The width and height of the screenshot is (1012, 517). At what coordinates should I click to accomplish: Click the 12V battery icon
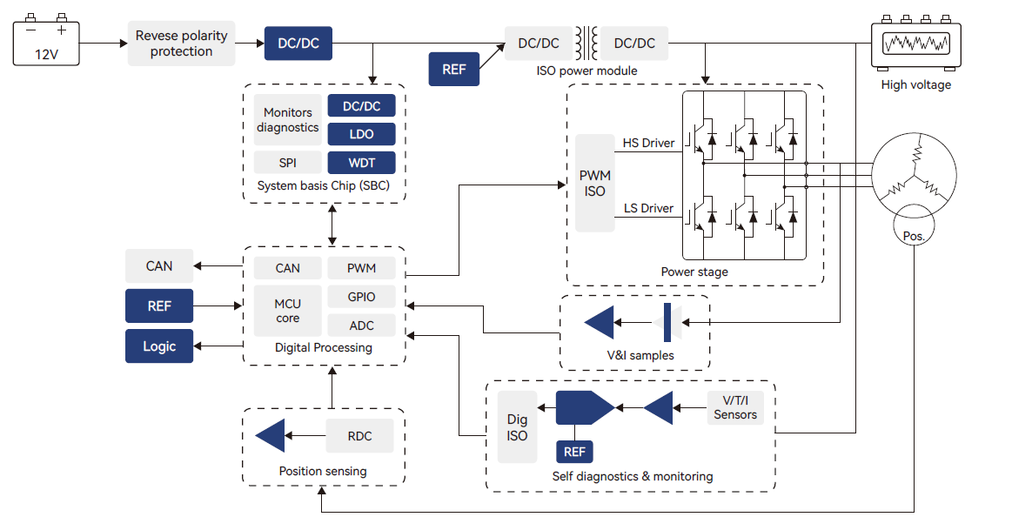[x=45, y=41]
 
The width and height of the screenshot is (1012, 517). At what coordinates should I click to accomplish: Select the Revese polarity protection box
[x=181, y=44]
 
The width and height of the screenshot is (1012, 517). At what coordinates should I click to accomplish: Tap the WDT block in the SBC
[x=361, y=163]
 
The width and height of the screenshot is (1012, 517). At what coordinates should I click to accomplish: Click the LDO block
[x=361, y=134]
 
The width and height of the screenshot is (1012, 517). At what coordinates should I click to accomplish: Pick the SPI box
[x=287, y=163]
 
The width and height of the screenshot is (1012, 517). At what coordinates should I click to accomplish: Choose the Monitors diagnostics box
[x=287, y=120]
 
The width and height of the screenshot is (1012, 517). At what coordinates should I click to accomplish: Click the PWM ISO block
[x=595, y=183]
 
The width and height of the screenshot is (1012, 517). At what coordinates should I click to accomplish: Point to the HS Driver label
[x=648, y=143]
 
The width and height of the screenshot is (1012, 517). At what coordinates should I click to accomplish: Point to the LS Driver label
[x=648, y=208]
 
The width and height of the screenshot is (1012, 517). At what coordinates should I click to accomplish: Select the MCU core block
[x=287, y=311]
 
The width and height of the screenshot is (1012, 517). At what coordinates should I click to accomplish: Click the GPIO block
[x=361, y=297]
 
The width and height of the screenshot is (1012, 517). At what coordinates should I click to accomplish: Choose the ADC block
[x=361, y=326]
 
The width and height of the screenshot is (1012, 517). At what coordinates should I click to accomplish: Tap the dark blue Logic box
[x=159, y=346]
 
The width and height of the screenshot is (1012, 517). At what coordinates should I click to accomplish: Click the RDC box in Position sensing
[x=359, y=436]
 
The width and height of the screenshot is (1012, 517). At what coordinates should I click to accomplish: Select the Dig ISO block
[x=517, y=427]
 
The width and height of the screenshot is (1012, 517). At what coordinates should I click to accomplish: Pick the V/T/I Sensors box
[x=735, y=407]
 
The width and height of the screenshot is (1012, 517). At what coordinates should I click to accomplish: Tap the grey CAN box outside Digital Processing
[x=159, y=266]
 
